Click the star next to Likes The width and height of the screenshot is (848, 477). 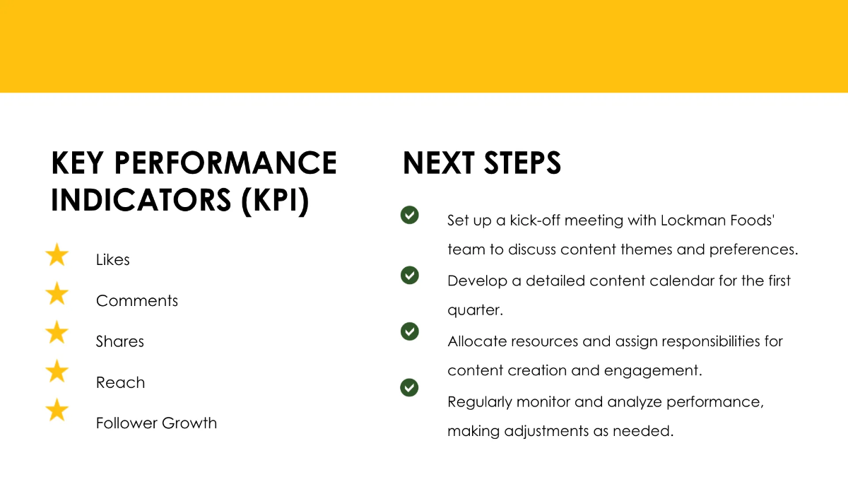pos(57,255)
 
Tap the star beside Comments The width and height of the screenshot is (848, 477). pos(57,294)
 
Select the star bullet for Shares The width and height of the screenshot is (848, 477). pos(57,332)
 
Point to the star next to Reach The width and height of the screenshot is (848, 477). pos(57,371)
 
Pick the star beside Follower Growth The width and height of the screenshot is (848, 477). pos(57,410)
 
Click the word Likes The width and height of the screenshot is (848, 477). pos(113,260)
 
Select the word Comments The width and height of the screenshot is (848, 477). pos(137,301)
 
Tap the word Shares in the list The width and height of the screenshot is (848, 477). pos(120,342)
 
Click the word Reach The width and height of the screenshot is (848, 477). pos(120,383)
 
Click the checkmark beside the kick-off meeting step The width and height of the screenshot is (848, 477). pos(409,215)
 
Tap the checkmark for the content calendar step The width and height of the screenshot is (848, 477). pos(409,275)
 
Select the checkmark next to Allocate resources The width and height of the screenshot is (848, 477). pos(409,331)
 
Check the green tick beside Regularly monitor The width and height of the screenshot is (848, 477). pos(409,387)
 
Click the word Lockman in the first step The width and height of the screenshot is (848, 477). pos(690,220)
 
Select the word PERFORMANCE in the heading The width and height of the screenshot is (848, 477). pos(225,163)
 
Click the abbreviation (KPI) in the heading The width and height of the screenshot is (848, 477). pos(275,201)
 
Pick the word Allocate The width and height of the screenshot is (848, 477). pos(476,341)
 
